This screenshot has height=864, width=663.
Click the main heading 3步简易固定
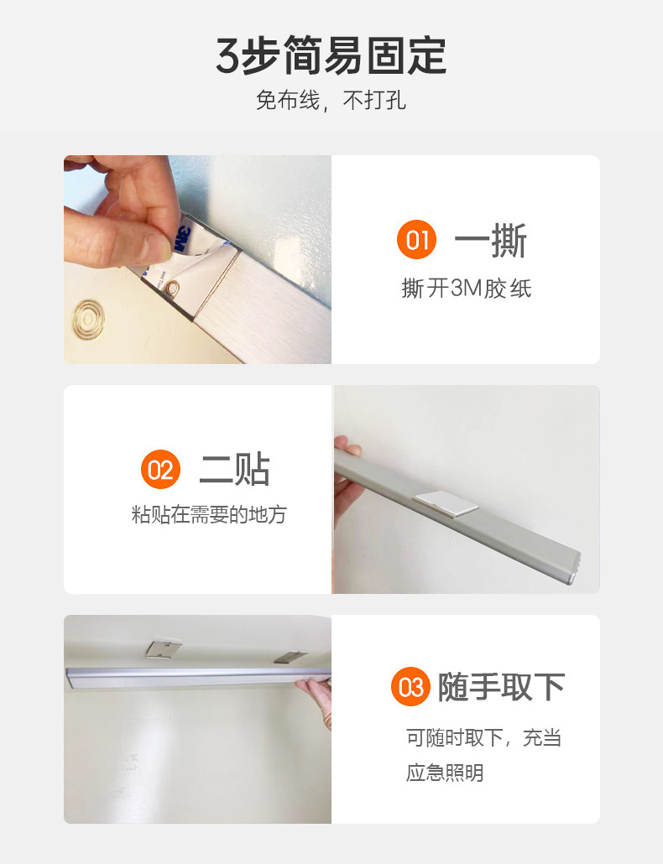pos(331,55)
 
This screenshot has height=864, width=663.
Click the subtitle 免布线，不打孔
pos(331,101)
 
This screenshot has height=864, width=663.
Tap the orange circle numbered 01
pos(416,240)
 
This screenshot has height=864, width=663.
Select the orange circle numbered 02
pos(161,470)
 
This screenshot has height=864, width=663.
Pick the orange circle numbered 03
pos(410,686)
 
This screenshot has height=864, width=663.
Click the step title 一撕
pos(490,240)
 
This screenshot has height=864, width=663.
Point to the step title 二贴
pos(235,470)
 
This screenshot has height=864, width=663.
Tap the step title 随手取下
pos(502,687)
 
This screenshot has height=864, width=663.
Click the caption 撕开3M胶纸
pos(467,289)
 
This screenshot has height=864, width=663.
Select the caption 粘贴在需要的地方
pos(209,514)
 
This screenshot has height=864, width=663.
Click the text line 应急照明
pos(445,773)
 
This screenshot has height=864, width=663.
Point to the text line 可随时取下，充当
pos(484,737)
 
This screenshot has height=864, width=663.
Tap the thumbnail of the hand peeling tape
pos(197,259)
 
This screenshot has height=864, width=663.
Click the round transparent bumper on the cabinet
pos(88,320)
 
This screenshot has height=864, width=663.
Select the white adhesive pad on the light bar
pos(446,503)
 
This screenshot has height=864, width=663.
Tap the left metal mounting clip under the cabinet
pos(163,648)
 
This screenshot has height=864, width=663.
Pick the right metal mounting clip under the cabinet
pos(290,656)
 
